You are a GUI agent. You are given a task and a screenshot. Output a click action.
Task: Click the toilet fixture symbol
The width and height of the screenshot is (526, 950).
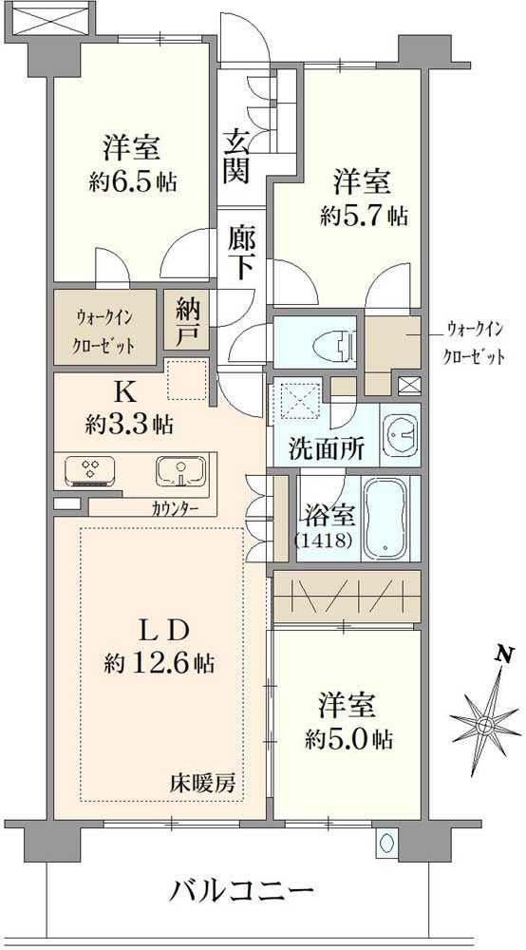332,342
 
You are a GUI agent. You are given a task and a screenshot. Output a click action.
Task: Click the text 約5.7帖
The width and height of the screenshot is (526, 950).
364,216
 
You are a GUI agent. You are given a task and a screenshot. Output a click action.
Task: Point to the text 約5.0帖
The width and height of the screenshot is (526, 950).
349,738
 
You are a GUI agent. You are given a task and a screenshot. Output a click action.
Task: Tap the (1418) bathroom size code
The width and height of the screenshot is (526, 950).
326,541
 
